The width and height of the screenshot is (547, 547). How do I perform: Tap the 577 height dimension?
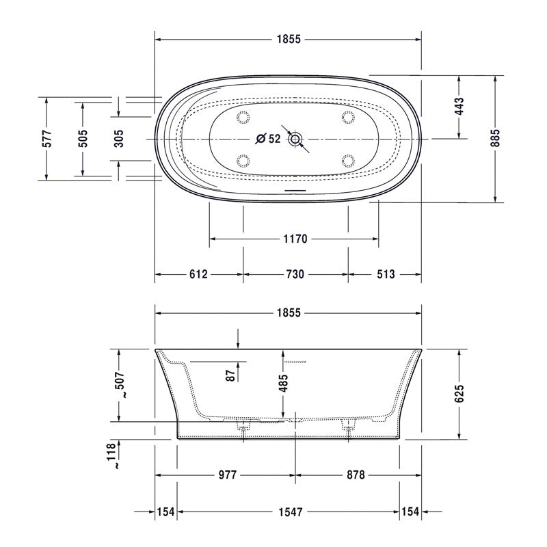(x=46, y=139)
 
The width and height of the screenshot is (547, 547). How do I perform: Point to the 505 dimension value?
(x=83, y=139)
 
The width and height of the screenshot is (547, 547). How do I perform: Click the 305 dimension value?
(x=118, y=139)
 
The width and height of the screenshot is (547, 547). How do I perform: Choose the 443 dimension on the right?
(x=459, y=106)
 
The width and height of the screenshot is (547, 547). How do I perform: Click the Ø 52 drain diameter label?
(x=268, y=139)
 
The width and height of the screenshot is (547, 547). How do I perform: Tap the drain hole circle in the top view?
(x=295, y=139)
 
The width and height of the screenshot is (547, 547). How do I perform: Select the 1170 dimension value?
(x=295, y=239)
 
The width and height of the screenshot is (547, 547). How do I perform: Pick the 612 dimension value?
(x=198, y=274)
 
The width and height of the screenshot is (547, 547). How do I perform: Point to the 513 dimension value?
(x=385, y=274)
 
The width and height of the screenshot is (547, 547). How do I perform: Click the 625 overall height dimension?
(x=459, y=392)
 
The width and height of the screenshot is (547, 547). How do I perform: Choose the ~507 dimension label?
(x=120, y=384)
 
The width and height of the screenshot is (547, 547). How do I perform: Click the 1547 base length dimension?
(x=289, y=511)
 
